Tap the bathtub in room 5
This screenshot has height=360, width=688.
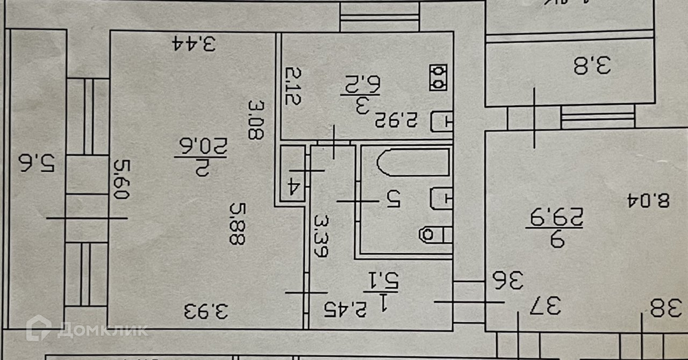(413, 163)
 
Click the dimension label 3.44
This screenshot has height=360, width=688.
(194, 43)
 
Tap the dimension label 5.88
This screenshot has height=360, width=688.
(236, 222)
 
